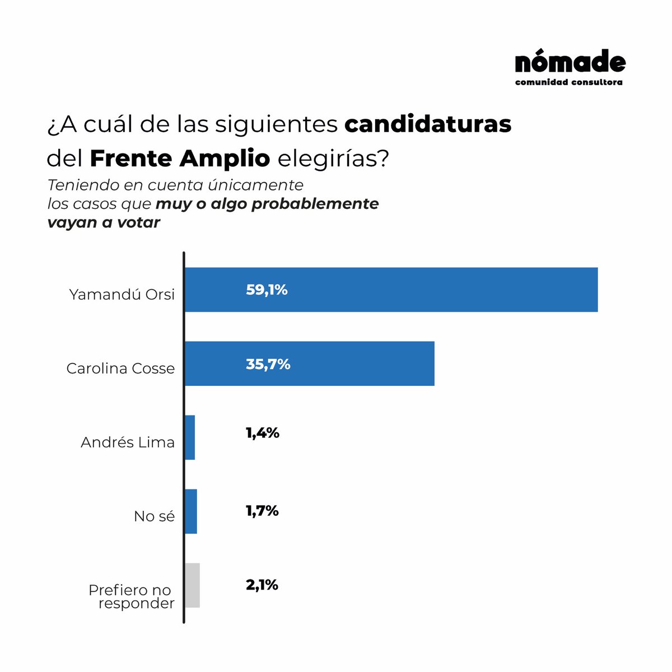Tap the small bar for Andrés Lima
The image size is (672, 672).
click(190, 437)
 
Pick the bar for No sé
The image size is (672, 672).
click(191, 511)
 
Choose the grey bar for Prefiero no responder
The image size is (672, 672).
click(192, 585)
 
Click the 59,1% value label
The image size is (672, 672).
click(267, 290)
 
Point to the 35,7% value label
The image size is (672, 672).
click(268, 364)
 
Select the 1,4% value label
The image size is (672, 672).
click(262, 433)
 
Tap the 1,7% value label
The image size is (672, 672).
click(262, 511)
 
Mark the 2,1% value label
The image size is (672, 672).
click(262, 585)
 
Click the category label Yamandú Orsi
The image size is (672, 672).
click(122, 295)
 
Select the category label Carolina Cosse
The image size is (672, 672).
click(120, 368)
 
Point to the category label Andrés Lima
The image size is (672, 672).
click(128, 442)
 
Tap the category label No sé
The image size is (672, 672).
click(154, 516)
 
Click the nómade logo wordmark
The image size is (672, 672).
click(570, 63)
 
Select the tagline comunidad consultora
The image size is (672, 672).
click(569, 82)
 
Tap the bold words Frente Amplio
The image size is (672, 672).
click(180, 158)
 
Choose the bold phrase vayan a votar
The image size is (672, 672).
click(104, 222)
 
